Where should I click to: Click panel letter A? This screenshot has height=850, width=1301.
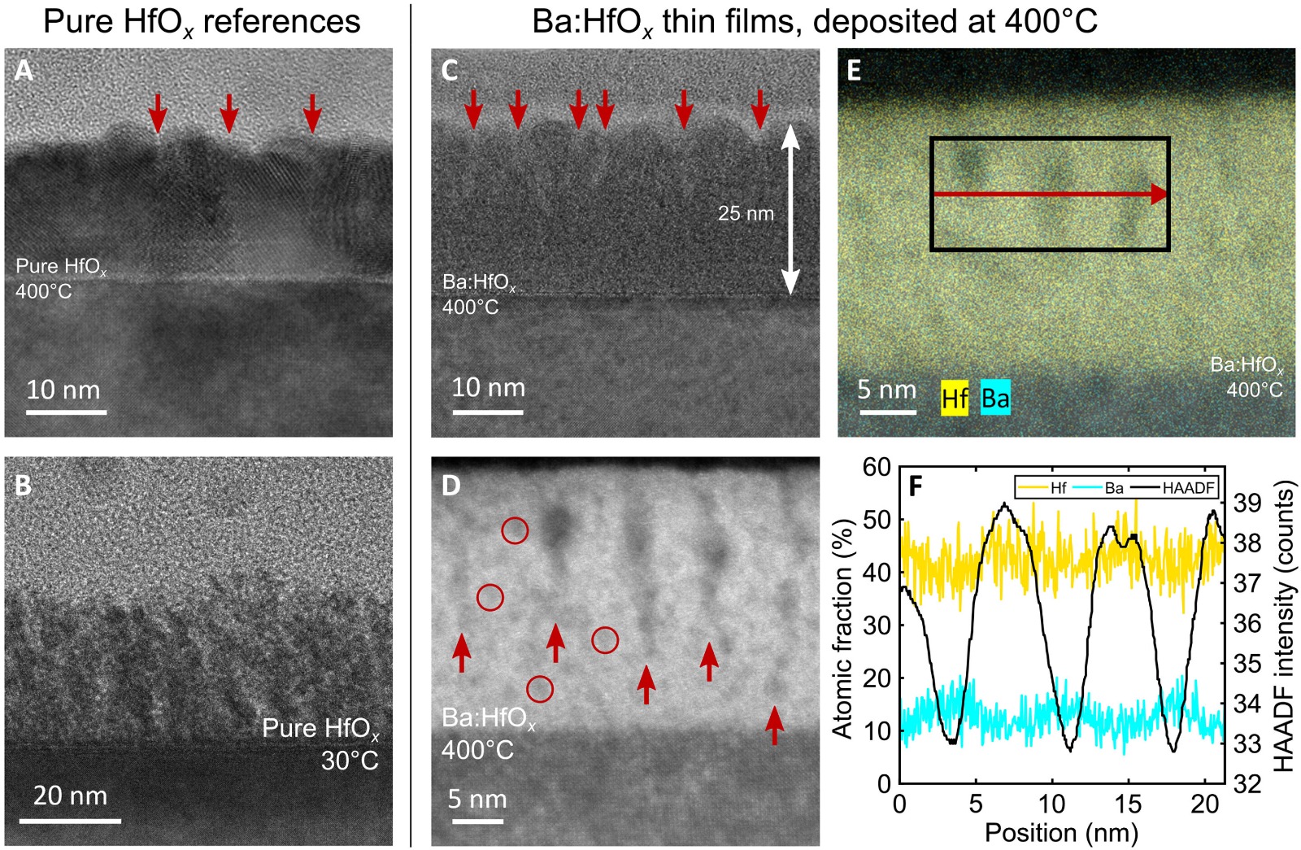click(24, 70)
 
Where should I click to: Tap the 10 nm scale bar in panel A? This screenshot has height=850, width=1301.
click(66, 412)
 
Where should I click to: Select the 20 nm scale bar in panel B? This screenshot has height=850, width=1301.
click(70, 820)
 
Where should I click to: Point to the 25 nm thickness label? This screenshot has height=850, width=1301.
click(746, 213)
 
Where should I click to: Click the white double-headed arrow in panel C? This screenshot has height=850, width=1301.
click(790, 209)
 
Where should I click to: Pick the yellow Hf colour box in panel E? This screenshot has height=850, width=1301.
click(955, 398)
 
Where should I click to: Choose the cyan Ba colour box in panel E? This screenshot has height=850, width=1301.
click(995, 398)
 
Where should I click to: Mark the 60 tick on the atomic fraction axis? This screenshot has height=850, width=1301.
click(877, 467)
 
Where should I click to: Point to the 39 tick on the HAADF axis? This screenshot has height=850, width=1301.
click(1247, 503)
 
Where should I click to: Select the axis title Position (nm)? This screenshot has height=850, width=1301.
click(1060, 833)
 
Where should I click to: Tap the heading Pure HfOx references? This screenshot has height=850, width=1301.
click(201, 22)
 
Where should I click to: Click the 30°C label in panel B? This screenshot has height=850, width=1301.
click(350, 761)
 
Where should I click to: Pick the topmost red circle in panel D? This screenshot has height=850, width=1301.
click(515, 530)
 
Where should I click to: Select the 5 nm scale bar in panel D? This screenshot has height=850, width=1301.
click(477, 822)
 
